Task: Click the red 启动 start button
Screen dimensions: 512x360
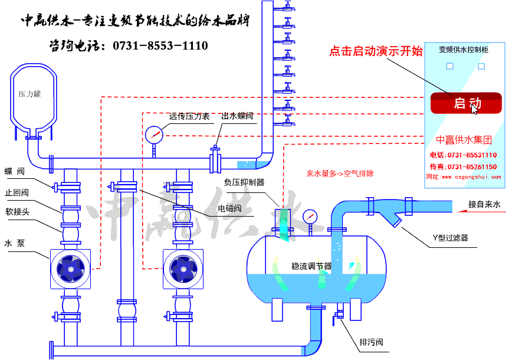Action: [x=466, y=103]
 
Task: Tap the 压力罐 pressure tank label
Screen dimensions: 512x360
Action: [x=29, y=93]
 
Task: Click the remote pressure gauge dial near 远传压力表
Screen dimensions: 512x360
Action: [x=153, y=135]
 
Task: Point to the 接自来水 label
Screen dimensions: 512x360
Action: [x=484, y=205]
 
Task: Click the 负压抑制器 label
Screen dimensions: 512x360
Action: [x=244, y=182]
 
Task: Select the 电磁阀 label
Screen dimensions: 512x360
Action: [x=229, y=208]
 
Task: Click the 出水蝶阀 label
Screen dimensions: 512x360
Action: [x=237, y=116]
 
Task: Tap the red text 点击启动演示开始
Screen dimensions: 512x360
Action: [x=376, y=51]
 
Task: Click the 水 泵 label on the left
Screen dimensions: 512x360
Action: [x=15, y=243]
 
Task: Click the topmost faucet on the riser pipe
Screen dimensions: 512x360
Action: [x=287, y=7]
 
